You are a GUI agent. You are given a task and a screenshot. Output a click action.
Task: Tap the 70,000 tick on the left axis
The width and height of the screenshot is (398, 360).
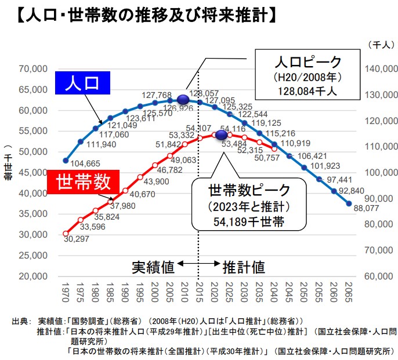34,69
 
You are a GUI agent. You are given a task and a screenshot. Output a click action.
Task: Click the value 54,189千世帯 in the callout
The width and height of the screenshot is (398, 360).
249,221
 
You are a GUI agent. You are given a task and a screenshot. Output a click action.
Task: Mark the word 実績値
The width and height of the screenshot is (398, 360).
153,267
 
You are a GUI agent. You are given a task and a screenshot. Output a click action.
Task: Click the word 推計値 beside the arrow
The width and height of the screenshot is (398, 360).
244,267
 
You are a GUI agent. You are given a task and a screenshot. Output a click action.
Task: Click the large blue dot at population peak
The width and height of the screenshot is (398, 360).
183,100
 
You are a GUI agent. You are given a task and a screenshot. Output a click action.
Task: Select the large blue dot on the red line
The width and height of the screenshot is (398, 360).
221,134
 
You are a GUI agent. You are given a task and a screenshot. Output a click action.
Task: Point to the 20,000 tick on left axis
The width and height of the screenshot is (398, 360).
34,277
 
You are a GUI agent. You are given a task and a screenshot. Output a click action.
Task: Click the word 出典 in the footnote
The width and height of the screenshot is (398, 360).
19,321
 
